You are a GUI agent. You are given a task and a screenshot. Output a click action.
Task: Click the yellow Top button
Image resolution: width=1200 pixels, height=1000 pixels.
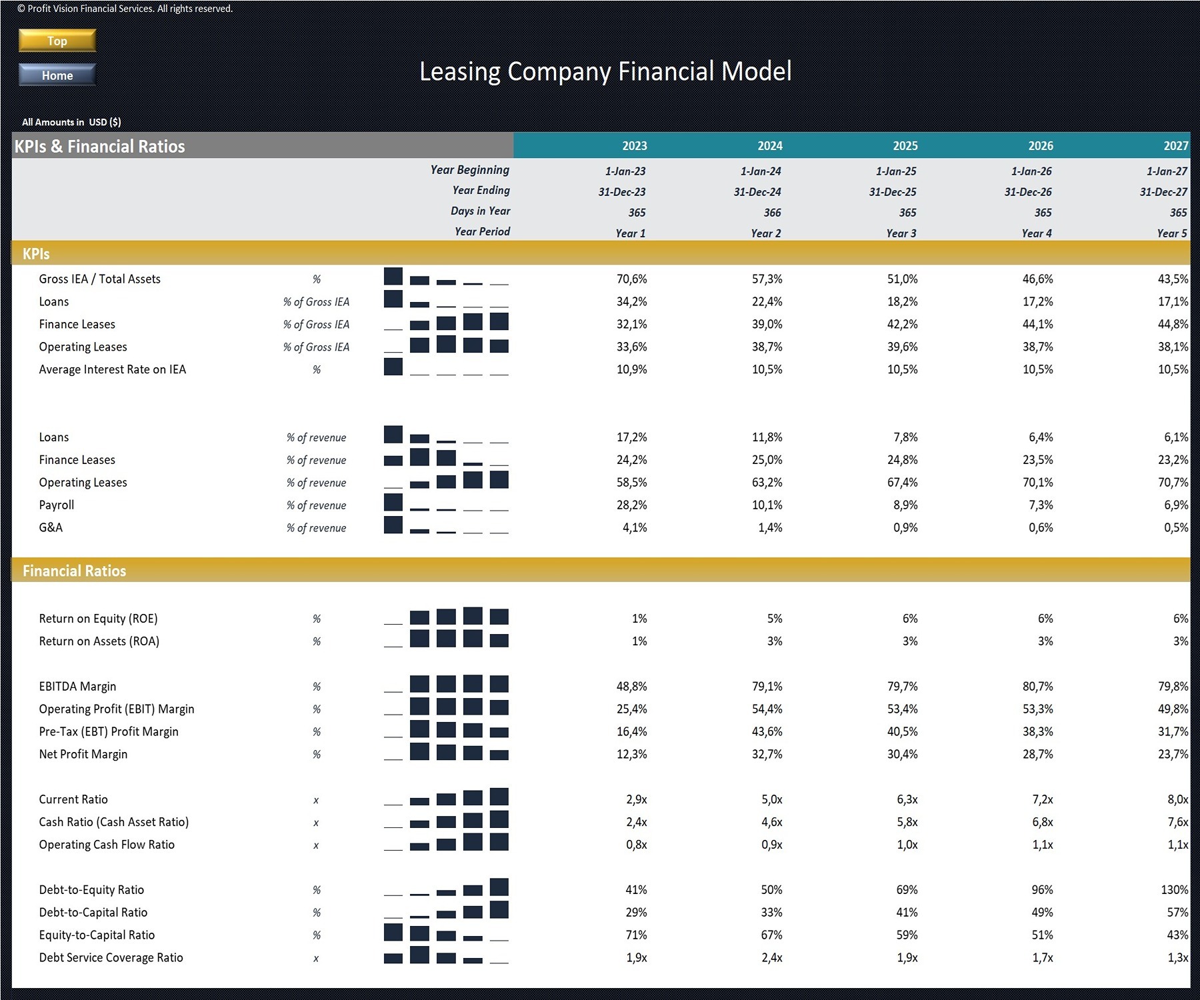tap(57, 41)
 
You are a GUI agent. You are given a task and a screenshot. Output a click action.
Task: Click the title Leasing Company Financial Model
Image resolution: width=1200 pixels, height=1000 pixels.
tap(605, 72)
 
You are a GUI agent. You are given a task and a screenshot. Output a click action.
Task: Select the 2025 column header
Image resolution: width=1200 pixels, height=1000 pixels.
tap(905, 146)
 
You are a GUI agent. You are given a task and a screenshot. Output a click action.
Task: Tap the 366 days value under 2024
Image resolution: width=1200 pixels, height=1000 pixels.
tap(772, 213)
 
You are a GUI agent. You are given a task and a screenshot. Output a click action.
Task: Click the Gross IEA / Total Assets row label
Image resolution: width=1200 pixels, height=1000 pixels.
tap(99, 279)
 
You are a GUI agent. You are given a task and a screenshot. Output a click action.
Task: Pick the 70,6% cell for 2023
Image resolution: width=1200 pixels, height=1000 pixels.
tap(631, 279)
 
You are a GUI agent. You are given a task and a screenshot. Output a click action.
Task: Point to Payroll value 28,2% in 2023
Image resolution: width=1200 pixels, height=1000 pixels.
tap(631, 505)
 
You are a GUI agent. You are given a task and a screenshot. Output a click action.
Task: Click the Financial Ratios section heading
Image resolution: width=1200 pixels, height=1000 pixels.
tap(74, 571)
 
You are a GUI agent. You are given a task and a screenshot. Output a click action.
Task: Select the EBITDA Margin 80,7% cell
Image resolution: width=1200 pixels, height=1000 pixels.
tap(1037, 687)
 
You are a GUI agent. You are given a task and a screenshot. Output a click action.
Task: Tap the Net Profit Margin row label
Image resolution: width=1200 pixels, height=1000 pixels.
tap(83, 755)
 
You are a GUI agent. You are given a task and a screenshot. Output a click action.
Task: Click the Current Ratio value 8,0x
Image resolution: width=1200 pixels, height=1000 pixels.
tap(1177, 799)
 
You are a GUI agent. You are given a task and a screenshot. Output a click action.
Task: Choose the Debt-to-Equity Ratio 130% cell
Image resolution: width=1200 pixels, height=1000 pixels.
tap(1174, 890)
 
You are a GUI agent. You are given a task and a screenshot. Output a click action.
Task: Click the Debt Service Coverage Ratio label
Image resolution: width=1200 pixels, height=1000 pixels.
tap(111, 958)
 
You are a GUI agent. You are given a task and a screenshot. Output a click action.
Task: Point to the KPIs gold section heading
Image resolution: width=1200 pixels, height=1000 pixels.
tap(36, 254)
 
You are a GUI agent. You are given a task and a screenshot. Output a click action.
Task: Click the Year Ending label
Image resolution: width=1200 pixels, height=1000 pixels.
tap(481, 191)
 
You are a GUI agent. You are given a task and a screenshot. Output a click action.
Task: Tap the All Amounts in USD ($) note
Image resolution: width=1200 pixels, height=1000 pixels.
tap(71, 122)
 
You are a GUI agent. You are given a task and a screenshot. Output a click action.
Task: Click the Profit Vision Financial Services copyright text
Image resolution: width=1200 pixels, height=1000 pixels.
tap(125, 9)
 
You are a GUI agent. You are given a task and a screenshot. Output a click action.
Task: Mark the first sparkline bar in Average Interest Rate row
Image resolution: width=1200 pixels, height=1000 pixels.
tap(393, 367)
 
